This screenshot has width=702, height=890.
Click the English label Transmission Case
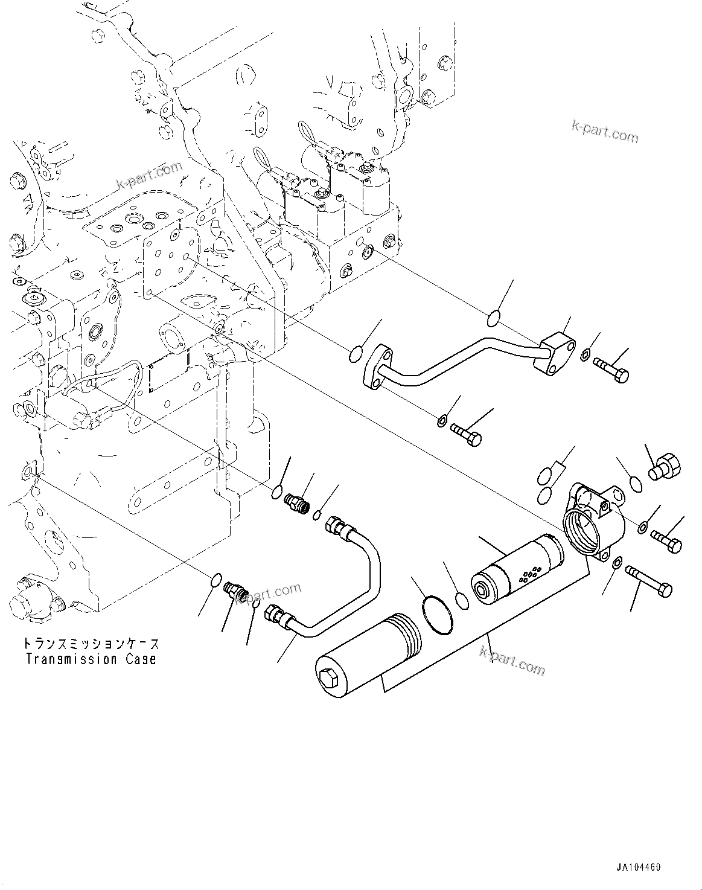point(91,659)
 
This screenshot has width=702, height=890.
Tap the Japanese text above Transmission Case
point(91,644)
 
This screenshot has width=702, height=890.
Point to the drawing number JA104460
point(638,868)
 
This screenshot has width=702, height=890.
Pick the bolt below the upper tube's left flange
point(465,432)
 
